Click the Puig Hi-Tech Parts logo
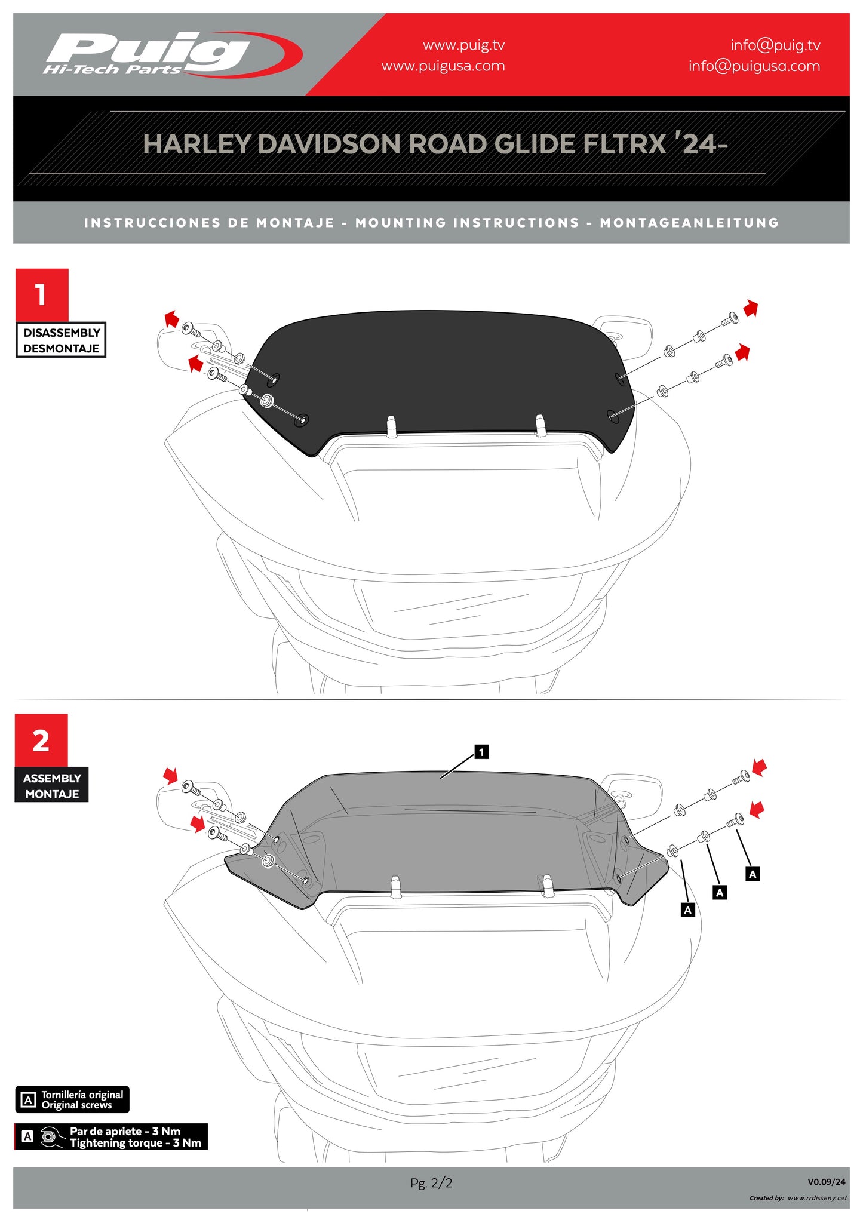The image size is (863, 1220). pyautogui.click(x=172, y=54)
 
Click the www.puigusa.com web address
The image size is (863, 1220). pyautogui.click(x=443, y=66)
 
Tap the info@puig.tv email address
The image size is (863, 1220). pyautogui.click(x=775, y=45)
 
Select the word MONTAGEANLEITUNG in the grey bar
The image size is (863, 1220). pyautogui.click(x=690, y=223)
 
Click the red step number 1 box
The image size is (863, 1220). pyautogui.click(x=42, y=295)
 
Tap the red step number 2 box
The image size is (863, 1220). pyautogui.click(x=41, y=740)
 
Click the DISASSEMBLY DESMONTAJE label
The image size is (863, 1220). pyautogui.click(x=61, y=340)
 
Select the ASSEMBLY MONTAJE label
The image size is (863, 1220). pyautogui.click(x=52, y=785)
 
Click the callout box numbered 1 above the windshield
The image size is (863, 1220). pyautogui.click(x=481, y=752)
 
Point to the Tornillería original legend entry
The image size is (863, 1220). pyautogui.click(x=72, y=1099)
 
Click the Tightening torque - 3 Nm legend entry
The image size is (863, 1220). pyautogui.click(x=111, y=1137)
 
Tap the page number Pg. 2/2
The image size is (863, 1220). pyautogui.click(x=431, y=1182)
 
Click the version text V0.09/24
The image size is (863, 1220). pyautogui.click(x=827, y=1182)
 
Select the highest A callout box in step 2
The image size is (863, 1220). pyautogui.click(x=753, y=874)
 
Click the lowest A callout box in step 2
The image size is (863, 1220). pyautogui.click(x=688, y=910)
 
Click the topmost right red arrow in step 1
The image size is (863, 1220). pyautogui.click(x=751, y=309)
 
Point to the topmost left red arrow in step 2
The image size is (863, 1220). pyautogui.click(x=171, y=776)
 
